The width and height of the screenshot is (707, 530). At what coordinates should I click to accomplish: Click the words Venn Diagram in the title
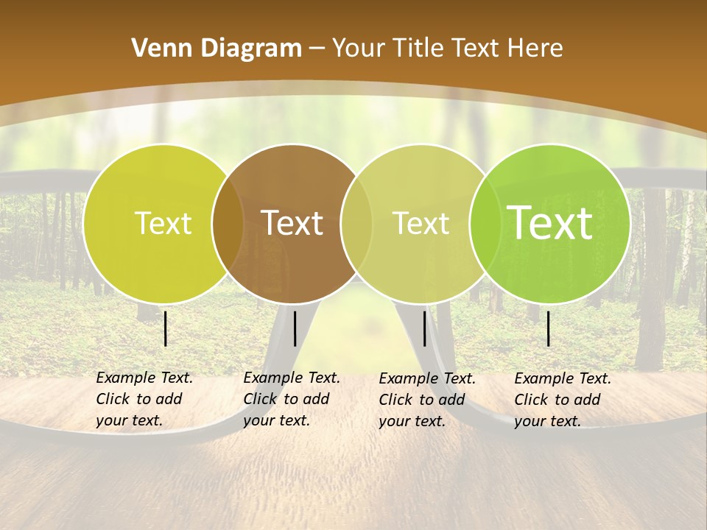point(217,49)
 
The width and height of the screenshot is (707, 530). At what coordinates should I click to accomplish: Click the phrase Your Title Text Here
point(447,49)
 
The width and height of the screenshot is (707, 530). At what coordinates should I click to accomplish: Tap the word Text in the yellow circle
point(163,224)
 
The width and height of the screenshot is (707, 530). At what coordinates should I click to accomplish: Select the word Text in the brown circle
point(292,224)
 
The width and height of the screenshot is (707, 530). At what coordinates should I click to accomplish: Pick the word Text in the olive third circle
point(421,224)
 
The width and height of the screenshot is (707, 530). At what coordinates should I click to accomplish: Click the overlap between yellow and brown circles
point(228,224)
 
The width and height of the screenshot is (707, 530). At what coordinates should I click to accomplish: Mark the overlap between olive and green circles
point(482,224)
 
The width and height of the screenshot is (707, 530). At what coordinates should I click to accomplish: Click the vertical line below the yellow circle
point(166,328)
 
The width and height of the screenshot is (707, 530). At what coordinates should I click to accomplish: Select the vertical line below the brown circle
point(295,328)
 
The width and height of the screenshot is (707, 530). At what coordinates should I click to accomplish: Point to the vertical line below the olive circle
point(424,328)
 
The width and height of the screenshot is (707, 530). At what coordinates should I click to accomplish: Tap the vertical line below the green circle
point(549,328)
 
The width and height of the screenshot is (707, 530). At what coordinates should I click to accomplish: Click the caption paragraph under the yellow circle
point(144,399)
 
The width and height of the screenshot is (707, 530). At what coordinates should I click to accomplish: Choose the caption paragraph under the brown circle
point(292,399)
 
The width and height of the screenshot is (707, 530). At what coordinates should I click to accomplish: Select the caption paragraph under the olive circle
point(427,400)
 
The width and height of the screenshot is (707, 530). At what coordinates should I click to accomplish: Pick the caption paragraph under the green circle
point(563,400)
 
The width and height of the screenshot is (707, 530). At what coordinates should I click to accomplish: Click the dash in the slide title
point(317,49)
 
